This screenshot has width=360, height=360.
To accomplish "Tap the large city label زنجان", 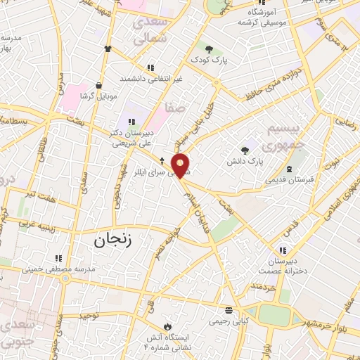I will coord(112,240).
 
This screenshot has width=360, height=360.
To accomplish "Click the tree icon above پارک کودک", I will coord(209,48).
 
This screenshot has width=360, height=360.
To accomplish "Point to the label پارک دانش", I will coord(245,162).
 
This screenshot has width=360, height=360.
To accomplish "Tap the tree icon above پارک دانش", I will coord(245,150).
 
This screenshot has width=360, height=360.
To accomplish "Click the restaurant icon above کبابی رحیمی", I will coord(229,309).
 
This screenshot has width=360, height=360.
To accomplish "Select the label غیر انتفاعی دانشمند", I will coord(151,77).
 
